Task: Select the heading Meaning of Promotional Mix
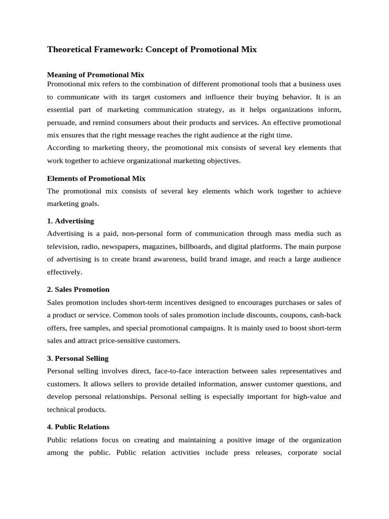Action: (x=96, y=75)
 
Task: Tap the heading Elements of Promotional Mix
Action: (x=96, y=178)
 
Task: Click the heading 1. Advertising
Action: (x=70, y=221)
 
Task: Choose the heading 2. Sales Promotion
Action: (x=78, y=289)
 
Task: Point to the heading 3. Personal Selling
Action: (x=77, y=358)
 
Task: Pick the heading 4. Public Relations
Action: (x=78, y=427)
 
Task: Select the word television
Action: (x=63, y=246)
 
